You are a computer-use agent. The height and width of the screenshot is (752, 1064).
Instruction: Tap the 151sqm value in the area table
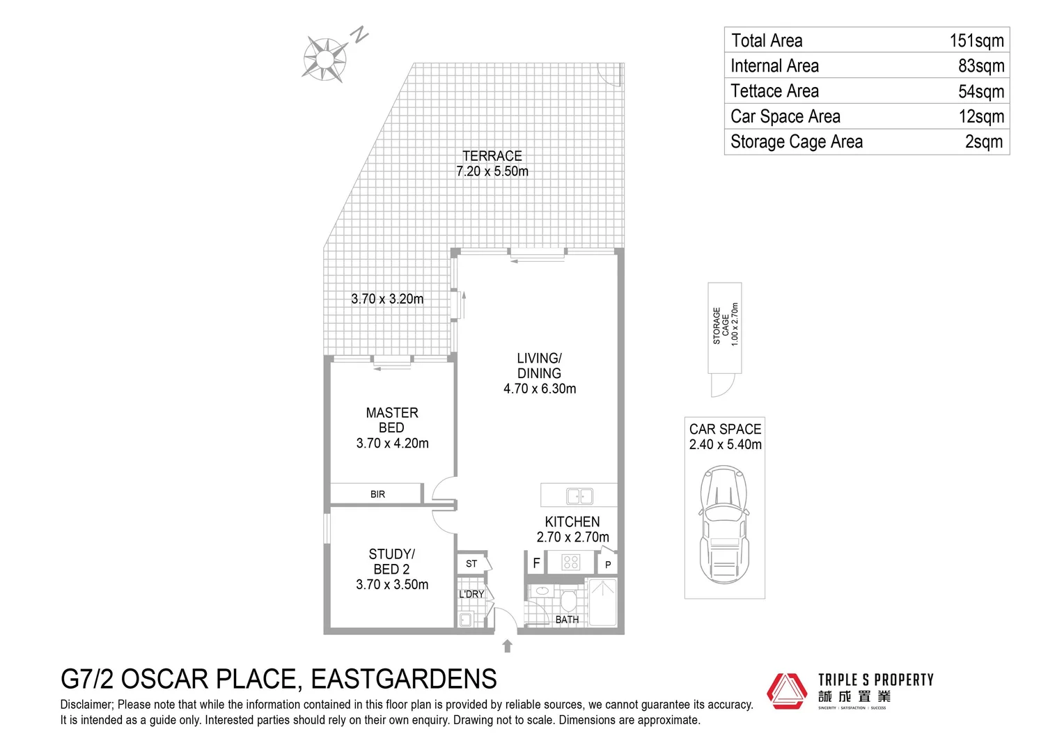click(x=976, y=40)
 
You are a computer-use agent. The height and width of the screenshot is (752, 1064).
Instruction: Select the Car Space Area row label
click(x=785, y=116)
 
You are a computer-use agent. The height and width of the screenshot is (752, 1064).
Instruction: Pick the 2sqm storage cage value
click(x=983, y=142)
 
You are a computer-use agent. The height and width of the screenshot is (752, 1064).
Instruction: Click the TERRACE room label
click(x=492, y=156)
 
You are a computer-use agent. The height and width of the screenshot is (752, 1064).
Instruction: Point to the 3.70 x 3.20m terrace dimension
click(x=387, y=299)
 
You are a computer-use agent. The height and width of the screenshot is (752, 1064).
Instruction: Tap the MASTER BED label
click(x=392, y=420)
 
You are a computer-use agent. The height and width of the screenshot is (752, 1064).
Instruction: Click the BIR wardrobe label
click(x=377, y=494)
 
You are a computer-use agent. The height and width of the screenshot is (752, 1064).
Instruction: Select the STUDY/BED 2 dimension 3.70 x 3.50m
click(x=392, y=585)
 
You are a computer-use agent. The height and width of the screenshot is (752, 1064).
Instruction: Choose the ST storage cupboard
click(x=472, y=563)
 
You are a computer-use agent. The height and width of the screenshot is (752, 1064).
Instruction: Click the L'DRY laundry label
click(x=471, y=594)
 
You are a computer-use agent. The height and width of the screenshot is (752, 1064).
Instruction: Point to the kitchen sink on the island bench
click(x=579, y=496)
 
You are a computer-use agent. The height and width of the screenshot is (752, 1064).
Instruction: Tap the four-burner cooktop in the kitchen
click(x=571, y=561)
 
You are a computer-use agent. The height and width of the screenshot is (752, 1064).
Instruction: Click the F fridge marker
click(x=536, y=563)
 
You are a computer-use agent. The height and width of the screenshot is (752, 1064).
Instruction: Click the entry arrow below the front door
click(x=507, y=646)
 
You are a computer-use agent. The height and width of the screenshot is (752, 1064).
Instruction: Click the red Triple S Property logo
click(x=787, y=691)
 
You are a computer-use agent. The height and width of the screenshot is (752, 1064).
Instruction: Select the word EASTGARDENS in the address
click(x=403, y=678)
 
